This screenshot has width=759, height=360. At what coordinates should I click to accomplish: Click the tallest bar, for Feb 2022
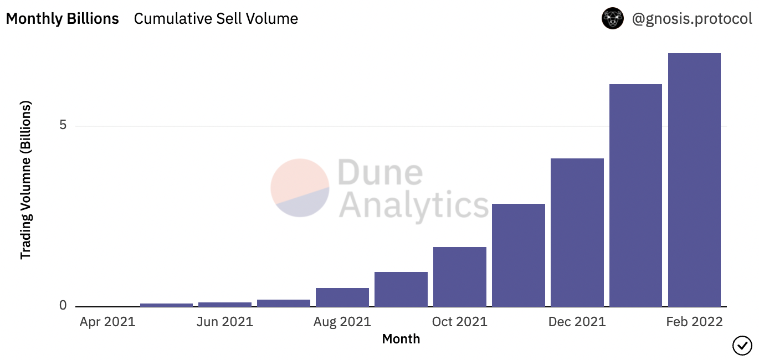click(x=694, y=179)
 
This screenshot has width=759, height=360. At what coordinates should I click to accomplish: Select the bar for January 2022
click(x=635, y=195)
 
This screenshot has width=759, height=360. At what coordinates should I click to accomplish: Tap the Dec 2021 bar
click(x=577, y=232)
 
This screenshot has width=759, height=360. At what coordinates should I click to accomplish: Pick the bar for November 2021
click(x=518, y=255)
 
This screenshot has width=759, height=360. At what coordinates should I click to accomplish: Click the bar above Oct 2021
click(x=459, y=276)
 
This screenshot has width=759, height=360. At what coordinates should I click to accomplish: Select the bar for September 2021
click(x=401, y=289)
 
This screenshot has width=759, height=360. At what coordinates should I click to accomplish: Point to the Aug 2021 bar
click(x=342, y=297)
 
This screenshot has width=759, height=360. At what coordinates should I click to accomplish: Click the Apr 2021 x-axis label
click(x=107, y=322)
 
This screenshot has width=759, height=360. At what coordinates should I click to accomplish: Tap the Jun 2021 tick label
click(x=225, y=322)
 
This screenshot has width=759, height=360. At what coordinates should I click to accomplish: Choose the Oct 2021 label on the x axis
click(x=459, y=322)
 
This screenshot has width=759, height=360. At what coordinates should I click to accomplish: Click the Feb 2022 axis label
click(x=695, y=322)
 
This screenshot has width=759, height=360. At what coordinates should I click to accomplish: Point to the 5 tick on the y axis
click(x=63, y=126)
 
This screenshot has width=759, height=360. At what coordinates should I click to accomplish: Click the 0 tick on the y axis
click(x=63, y=306)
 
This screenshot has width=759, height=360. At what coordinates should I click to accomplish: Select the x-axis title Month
click(x=401, y=339)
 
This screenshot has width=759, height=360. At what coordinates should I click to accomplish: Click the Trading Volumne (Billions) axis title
click(x=25, y=180)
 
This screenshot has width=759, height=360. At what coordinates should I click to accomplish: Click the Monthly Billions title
click(x=62, y=19)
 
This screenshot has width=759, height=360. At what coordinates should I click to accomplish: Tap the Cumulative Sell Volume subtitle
click(x=216, y=19)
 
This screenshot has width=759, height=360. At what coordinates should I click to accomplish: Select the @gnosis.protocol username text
click(x=692, y=19)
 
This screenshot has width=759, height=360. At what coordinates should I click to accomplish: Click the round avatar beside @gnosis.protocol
click(x=613, y=19)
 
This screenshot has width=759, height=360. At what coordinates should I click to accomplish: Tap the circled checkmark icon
click(x=742, y=346)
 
